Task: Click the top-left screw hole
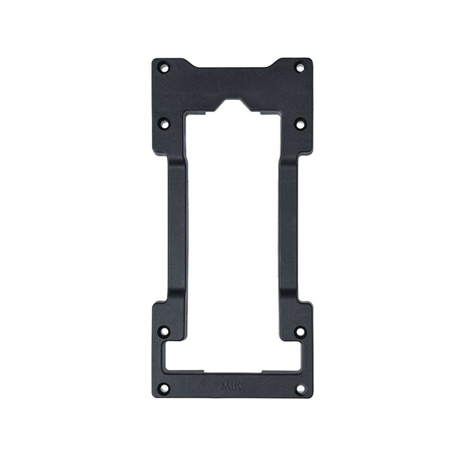coord(164,67)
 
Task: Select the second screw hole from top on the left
coord(164,124)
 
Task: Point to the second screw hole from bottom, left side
coord(164,332)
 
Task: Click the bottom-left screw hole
coord(164,387)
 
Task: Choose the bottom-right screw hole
coord(300,387)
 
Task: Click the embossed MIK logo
coord(232,386)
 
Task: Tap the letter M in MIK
coord(226,386)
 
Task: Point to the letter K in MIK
coord(238,386)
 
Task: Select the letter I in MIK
coord(233,386)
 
